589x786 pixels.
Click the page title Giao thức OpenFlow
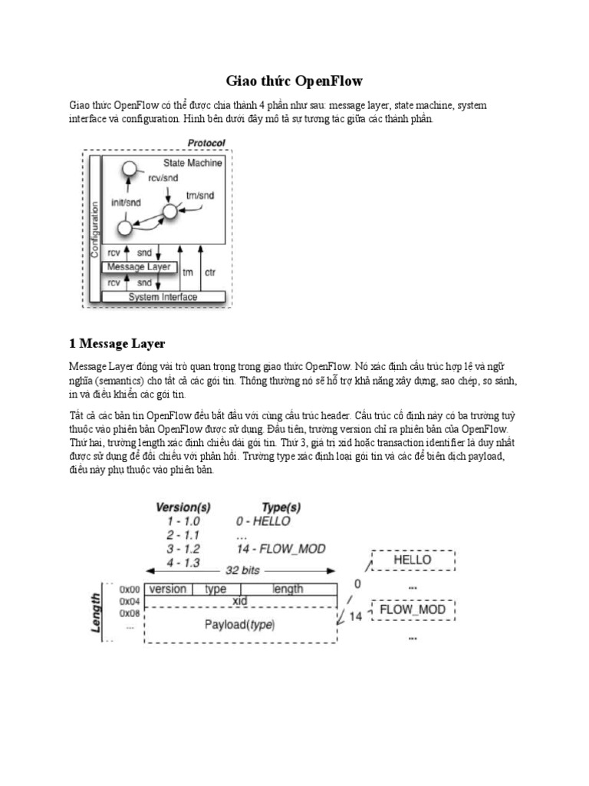(x=294, y=81)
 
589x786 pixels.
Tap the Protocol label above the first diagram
(x=206, y=143)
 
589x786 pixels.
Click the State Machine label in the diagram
(x=192, y=163)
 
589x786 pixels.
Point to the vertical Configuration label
(x=95, y=229)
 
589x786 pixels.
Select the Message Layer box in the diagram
(x=139, y=266)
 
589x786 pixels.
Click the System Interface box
(x=163, y=297)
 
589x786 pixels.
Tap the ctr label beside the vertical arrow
(x=210, y=272)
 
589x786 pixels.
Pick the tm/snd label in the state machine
(x=200, y=195)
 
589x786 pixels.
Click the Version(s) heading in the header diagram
(x=183, y=507)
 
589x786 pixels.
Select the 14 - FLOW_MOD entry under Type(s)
(x=281, y=548)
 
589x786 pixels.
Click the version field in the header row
(x=167, y=589)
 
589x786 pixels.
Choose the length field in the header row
(x=287, y=589)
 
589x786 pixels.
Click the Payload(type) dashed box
(x=239, y=625)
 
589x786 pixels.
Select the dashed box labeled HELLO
(x=412, y=560)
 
